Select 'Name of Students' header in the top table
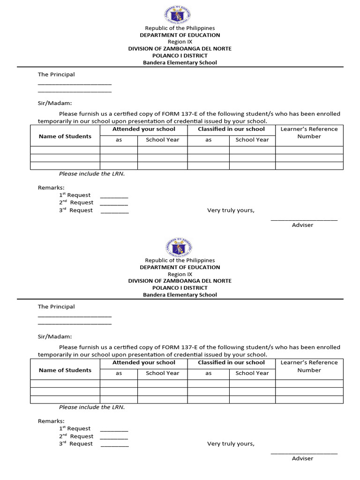[65, 136]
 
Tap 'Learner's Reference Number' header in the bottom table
[309, 366]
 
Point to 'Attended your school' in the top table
[143, 129]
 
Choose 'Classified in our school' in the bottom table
[231, 362]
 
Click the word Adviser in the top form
[302, 225]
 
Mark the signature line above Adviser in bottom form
[304, 453]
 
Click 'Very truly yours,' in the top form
[231, 210]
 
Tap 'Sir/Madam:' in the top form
[55, 103]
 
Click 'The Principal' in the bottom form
[56, 307]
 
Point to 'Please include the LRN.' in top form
[92, 173]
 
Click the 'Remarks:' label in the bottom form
[51, 421]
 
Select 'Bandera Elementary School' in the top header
[180, 62]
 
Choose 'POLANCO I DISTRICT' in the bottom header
[180, 288]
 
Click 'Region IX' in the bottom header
[180, 274]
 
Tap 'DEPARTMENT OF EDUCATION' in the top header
[180, 35]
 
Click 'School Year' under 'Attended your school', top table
[162, 140]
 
